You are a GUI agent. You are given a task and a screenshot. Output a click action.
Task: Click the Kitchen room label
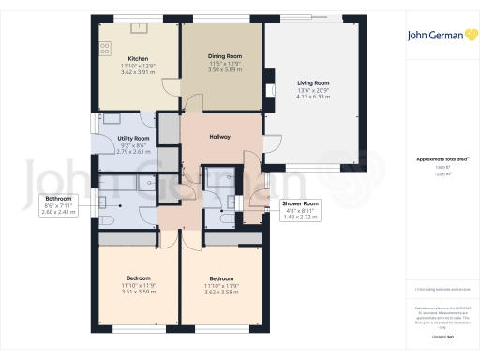coord(136,57)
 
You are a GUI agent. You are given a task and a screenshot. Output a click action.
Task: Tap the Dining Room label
coord(223,56)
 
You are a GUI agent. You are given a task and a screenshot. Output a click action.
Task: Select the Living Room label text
coord(311,82)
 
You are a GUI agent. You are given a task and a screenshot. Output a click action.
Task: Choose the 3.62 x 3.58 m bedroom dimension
coord(221,291)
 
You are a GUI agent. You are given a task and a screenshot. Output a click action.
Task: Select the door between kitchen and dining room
coord(172,87)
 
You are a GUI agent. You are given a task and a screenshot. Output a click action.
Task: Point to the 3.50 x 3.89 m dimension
coord(223,69)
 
